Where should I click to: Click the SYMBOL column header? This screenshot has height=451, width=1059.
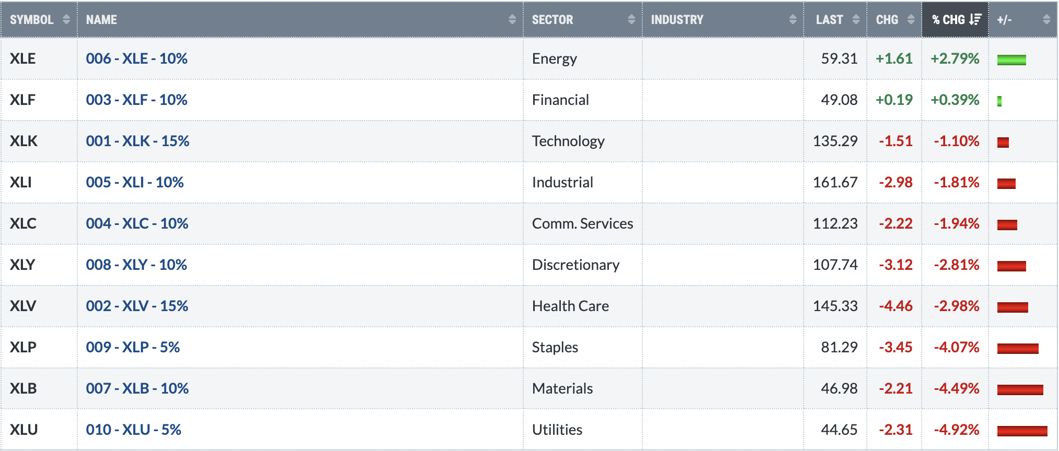[x=31, y=20]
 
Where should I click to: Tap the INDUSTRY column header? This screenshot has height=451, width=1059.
[x=677, y=20]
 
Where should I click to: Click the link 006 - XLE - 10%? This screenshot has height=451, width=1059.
[x=137, y=58]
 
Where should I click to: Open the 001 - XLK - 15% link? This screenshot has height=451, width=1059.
[x=138, y=141]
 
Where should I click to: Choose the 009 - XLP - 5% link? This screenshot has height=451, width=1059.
[x=133, y=347]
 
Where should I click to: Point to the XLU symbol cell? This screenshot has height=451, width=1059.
[x=23, y=430]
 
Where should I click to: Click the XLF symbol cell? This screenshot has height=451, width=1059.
[x=22, y=100]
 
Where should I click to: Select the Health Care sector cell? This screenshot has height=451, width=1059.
[x=570, y=306]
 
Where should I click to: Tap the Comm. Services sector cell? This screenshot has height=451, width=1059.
[x=582, y=223]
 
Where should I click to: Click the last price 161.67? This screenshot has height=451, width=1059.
[x=835, y=182]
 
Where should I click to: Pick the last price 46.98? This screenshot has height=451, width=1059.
[x=839, y=388]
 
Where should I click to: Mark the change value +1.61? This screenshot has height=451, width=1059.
[x=894, y=58]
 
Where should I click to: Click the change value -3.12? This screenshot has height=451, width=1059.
[x=896, y=265]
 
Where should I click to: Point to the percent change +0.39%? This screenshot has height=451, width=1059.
[x=955, y=100]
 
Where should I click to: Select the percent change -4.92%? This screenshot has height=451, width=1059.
[x=957, y=430]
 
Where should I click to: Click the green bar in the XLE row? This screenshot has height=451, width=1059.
[x=1011, y=60]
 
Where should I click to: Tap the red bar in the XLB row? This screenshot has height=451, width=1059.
[x=1020, y=390]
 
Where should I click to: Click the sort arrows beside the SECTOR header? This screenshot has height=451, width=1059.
[x=631, y=20]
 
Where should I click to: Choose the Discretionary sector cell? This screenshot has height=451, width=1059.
[x=576, y=265]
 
